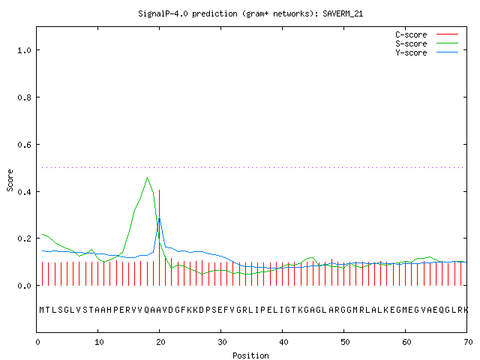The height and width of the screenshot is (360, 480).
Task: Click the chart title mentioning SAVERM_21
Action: pos(250,13)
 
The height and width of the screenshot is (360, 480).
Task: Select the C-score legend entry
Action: pos(427,34)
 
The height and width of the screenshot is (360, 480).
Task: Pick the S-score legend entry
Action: pos(427,43)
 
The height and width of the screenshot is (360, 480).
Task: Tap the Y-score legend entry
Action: pos(427,52)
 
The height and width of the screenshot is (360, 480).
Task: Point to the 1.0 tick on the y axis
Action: pos(25,50)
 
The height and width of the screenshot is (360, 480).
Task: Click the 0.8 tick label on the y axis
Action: pos(25,97)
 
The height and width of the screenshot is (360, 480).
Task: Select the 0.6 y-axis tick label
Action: pos(25,145)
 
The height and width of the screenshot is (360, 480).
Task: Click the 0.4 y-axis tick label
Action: pos(25,192)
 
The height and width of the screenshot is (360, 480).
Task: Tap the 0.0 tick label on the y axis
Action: pos(25,286)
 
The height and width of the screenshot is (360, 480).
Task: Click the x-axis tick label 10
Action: pos(99,342)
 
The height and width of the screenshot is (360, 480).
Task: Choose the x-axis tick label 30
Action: pos(222,342)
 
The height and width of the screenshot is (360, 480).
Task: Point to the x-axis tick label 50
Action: pos(345,342)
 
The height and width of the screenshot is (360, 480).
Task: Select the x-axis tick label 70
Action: pos(468,342)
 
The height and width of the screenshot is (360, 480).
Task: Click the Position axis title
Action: pos(250,355)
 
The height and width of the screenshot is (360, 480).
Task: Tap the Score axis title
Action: pos(10,181)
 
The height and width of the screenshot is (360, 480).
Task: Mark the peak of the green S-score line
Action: pos(147,177)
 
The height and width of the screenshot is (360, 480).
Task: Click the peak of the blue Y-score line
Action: pos(160,217)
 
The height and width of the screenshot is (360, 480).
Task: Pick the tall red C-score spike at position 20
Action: pos(160,238)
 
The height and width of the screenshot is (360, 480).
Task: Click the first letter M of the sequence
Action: pos(42,310)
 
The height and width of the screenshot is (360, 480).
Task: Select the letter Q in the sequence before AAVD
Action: pos(147,310)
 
